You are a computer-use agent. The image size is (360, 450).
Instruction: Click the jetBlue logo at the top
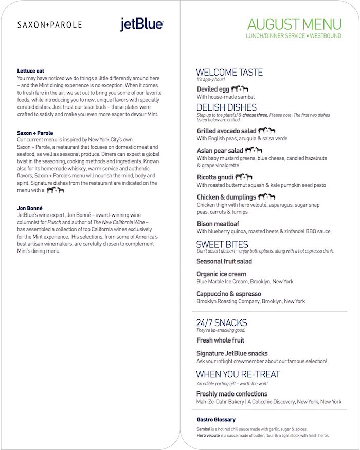point(142,24)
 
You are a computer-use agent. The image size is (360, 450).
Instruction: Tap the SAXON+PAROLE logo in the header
point(49,24)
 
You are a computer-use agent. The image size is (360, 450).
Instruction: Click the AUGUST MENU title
point(294,24)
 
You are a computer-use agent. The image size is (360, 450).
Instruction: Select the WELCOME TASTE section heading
point(229,73)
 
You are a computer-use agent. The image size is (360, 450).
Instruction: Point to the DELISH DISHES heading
point(226,107)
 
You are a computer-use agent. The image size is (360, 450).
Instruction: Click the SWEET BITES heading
point(222,244)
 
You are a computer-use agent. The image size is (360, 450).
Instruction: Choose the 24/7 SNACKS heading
point(222,323)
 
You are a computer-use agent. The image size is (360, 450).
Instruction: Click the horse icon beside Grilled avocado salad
point(266,131)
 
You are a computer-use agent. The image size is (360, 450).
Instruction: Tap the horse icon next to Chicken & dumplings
point(266,196)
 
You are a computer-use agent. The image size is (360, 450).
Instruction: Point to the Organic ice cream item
point(221,274)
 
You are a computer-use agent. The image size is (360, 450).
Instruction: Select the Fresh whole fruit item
point(220,340)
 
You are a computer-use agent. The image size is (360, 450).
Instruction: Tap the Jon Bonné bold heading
point(31,208)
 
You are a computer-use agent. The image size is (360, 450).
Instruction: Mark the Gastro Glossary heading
point(216,420)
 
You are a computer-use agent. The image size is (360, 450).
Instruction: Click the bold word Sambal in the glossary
point(204,429)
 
